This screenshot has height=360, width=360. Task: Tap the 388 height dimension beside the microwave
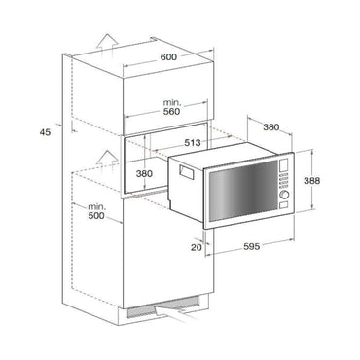click(338, 182)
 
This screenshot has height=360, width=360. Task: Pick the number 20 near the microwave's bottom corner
click(196, 247)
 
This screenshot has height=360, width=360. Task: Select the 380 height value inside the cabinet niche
click(144, 175)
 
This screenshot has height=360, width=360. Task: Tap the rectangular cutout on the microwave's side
click(183, 172)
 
